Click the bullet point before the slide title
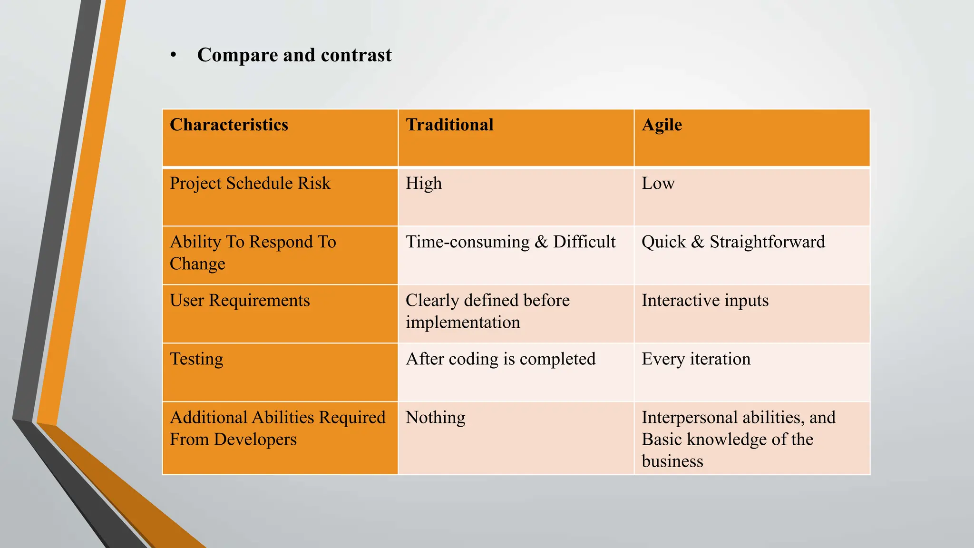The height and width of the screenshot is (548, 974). coord(174,55)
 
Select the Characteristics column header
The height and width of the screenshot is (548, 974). coord(229,125)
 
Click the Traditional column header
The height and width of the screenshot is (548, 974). coord(449,125)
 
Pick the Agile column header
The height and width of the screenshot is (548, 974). coord(662,125)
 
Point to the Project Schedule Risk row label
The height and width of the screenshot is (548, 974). coord(250,183)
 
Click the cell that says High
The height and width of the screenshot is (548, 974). coord(424,183)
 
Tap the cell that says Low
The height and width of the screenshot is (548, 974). coord(658,183)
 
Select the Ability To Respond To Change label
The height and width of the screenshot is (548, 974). coord(253,253)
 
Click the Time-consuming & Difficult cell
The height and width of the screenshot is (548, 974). coord(510,242)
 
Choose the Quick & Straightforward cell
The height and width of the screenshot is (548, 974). coord(733,242)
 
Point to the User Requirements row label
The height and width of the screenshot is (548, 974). coord(240,300)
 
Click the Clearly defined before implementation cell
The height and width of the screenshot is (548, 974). coord(487,311)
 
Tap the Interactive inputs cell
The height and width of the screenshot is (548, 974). coord(705,300)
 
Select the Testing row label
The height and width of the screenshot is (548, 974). coord(196,359)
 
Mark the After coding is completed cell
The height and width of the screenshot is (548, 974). coord(500,359)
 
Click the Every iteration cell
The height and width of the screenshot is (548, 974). coord(696,359)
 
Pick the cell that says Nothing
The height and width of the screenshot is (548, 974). coord(435,417)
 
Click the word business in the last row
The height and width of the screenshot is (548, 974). coord(672,461)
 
